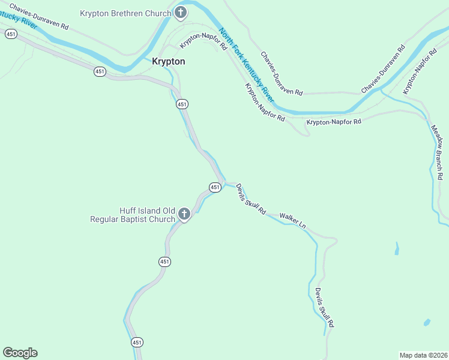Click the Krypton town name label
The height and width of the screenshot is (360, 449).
(x=168, y=61)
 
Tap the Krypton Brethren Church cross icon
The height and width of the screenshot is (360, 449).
(x=181, y=13)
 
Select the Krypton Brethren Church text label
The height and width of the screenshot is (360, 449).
(x=125, y=13)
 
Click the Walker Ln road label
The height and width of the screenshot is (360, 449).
(x=293, y=220)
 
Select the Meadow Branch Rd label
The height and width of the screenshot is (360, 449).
(x=437, y=151)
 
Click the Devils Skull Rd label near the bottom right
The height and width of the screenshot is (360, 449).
(x=324, y=307)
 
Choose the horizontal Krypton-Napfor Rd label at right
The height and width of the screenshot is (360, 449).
(x=334, y=122)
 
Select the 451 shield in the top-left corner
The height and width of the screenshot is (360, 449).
(x=11, y=34)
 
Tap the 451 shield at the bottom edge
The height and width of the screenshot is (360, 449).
(x=137, y=342)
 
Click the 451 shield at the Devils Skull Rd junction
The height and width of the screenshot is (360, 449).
(x=215, y=188)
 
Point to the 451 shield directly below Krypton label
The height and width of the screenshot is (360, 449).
(x=182, y=104)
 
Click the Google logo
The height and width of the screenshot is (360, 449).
(x=20, y=353)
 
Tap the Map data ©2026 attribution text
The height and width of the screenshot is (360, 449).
(x=424, y=355)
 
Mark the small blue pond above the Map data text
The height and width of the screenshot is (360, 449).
(x=426, y=322)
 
